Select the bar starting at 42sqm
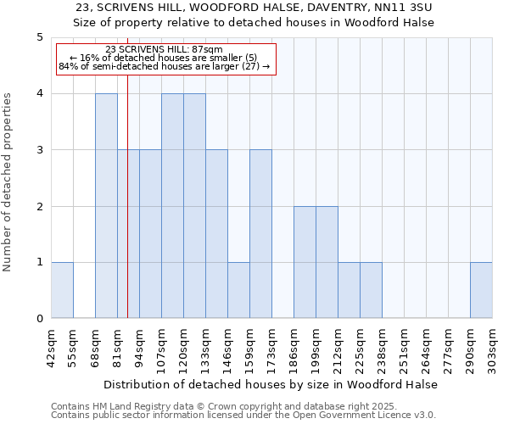click(62, 291)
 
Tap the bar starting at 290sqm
click(481, 291)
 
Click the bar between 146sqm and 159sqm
click(238, 291)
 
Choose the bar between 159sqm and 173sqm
click(260, 234)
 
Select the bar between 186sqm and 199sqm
click(305, 262)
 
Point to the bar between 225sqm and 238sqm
click(371, 291)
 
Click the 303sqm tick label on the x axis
click(492, 345)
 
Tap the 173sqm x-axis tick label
click(271, 345)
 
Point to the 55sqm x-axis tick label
click(73, 345)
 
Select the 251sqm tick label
click(404, 345)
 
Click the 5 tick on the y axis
click(39, 37)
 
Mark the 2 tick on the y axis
click(39, 206)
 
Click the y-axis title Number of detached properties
click(8, 178)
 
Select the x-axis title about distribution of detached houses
click(271, 384)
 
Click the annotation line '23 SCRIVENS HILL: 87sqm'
click(165, 50)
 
